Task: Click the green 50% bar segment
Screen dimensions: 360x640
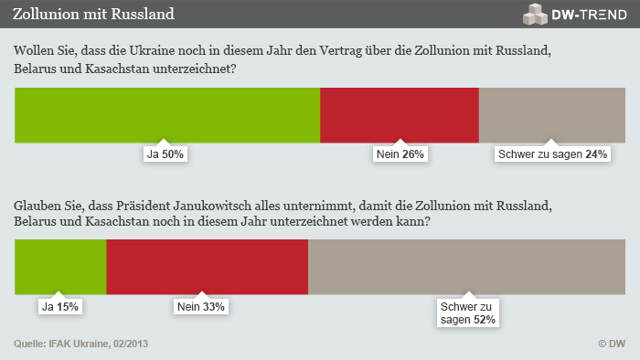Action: [x=167, y=115]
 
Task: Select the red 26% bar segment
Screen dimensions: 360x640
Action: [x=400, y=115]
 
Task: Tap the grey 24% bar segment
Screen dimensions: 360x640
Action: [x=552, y=115]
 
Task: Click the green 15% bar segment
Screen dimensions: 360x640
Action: [x=60, y=267]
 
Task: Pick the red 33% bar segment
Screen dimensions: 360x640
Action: [x=208, y=267]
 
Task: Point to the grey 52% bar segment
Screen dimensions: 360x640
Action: [x=466, y=267]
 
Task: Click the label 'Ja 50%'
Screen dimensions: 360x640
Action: [x=165, y=154]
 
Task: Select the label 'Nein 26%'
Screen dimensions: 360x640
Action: [x=400, y=154]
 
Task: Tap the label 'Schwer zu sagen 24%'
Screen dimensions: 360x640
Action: [x=552, y=154]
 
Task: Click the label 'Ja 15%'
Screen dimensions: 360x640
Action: [x=59, y=307]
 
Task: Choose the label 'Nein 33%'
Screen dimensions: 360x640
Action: [x=199, y=307]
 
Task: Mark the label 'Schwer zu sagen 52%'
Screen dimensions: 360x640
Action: [x=466, y=313]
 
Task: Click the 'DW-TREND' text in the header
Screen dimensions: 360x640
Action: [x=589, y=15]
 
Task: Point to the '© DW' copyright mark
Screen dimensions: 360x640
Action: [x=611, y=344]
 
